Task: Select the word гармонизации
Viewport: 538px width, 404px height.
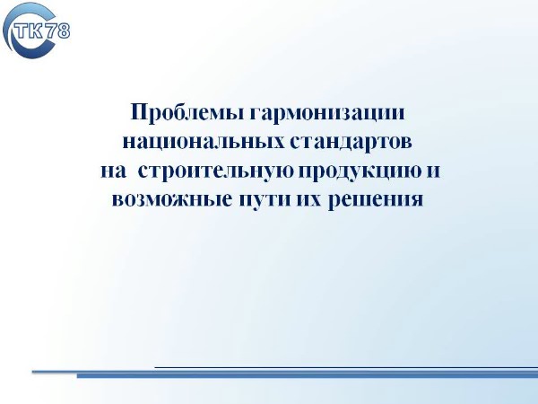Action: (327, 113)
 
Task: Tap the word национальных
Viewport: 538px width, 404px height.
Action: (204, 141)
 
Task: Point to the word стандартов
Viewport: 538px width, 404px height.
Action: (351, 141)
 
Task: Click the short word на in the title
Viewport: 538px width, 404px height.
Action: (113, 171)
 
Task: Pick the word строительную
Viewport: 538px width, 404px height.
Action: (216, 171)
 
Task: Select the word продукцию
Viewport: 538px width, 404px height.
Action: (360, 171)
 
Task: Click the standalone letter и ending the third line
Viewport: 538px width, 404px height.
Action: (433, 171)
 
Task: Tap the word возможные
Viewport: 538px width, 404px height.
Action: (172, 199)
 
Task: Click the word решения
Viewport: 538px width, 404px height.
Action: (376, 200)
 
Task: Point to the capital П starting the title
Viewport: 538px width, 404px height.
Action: (138, 112)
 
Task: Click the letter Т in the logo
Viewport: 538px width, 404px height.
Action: (23, 31)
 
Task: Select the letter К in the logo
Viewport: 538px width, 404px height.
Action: (38, 31)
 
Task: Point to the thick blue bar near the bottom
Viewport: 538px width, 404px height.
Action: (307, 376)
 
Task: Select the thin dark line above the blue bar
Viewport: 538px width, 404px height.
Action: (346, 367)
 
